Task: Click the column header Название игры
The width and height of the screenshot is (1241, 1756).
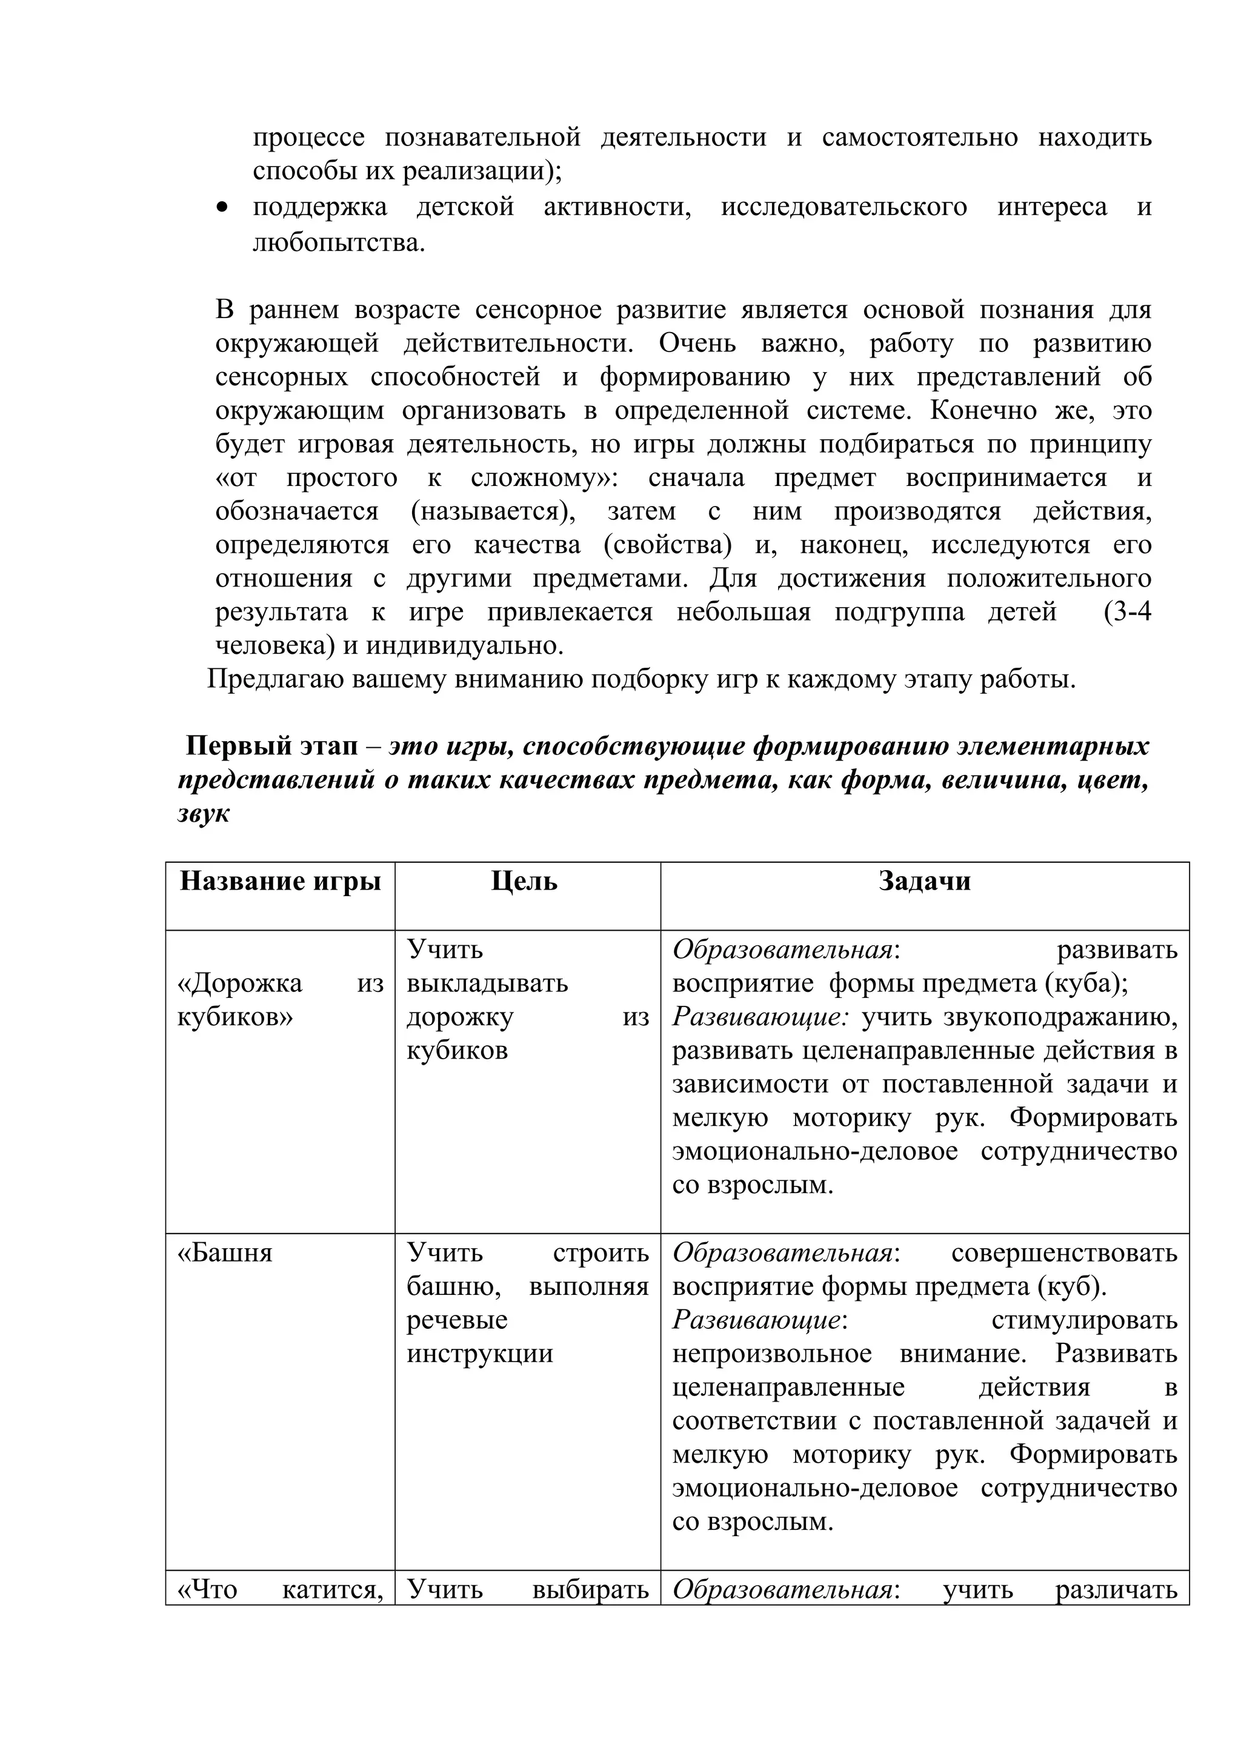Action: coord(280,881)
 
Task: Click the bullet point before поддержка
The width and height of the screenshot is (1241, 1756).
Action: coord(222,207)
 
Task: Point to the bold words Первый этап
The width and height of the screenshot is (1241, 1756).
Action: coord(271,746)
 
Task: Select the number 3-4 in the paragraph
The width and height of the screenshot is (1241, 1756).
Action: coord(1127,612)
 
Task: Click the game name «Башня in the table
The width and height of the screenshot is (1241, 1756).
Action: coord(225,1252)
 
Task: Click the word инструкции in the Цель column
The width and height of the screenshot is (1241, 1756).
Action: coord(479,1354)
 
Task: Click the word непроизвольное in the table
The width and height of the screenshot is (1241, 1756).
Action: coord(771,1354)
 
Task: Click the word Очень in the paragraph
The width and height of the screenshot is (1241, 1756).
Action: coord(697,344)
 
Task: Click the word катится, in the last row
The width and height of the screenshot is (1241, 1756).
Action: coord(332,1589)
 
